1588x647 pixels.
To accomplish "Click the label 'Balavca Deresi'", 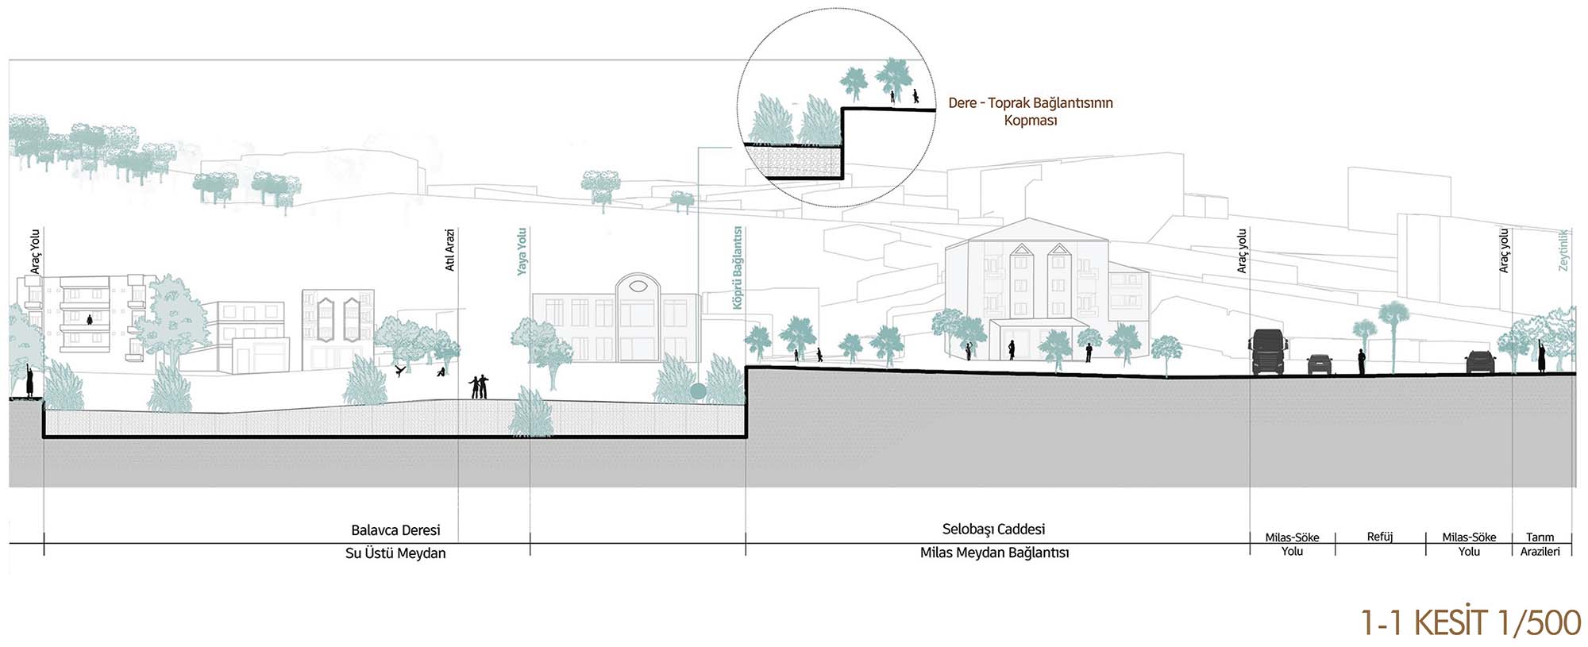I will pyautogui.click(x=395, y=530).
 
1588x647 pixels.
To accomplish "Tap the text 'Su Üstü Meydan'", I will pyautogui.click(x=395, y=553).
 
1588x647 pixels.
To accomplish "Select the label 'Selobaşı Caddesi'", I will pyautogui.click(x=993, y=530).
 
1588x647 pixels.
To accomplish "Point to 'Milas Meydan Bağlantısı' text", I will pyautogui.click(x=994, y=553).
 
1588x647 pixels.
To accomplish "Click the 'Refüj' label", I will pyautogui.click(x=1380, y=537).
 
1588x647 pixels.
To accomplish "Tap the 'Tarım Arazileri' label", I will pyautogui.click(x=1540, y=545).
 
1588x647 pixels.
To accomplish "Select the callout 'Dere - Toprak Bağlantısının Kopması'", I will pyautogui.click(x=1030, y=111).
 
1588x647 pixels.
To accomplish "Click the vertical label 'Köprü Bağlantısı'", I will pyautogui.click(x=738, y=268).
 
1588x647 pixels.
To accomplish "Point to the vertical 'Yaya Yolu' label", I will pyautogui.click(x=522, y=252).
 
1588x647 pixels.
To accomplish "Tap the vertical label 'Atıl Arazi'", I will pyautogui.click(x=450, y=251).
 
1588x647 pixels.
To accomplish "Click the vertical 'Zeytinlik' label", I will pyautogui.click(x=1563, y=250).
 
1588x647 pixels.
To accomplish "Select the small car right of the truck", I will pyautogui.click(x=1319, y=364).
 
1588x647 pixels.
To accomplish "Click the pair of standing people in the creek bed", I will pyautogui.click(x=478, y=387).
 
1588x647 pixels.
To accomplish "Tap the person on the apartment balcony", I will pyautogui.click(x=90, y=320).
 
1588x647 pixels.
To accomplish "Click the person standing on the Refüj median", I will pyautogui.click(x=1361, y=362).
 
